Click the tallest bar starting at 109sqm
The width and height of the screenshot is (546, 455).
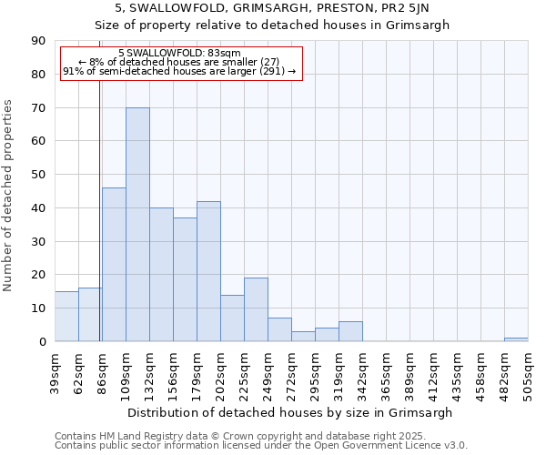pos(137,225)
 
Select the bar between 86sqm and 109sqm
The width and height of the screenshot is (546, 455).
pos(114,265)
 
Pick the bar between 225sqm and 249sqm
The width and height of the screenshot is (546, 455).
pos(256,309)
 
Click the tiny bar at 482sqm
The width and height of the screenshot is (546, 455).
pos(516,339)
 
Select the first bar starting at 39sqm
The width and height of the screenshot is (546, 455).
pos(66,317)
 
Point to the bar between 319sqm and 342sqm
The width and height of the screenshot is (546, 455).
pos(350,331)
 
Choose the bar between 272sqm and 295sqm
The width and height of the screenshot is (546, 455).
pos(303,336)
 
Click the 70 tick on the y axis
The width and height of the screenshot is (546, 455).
pos(41,107)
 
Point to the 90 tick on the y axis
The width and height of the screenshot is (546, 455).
pos(41,41)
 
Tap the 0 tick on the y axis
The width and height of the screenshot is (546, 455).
pos(44,341)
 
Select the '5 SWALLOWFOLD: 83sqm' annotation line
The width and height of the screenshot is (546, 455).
pos(179,54)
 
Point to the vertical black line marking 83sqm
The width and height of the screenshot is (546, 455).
pos(99,209)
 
